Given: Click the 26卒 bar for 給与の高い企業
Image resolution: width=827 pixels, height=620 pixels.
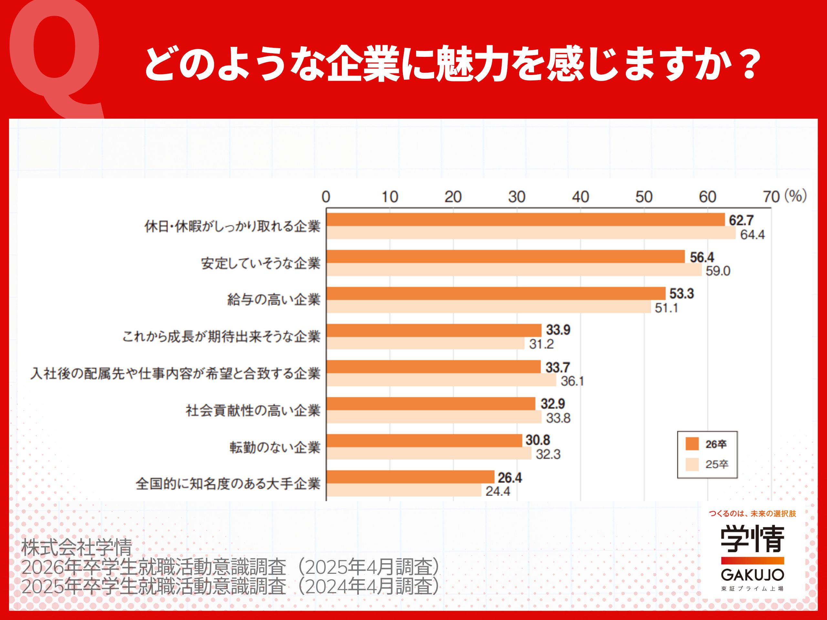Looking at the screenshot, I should click(x=496, y=293).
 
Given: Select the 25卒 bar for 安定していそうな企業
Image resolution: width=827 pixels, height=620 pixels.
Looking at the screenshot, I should click(x=514, y=270).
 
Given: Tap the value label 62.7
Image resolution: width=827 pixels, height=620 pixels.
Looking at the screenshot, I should click(x=741, y=220).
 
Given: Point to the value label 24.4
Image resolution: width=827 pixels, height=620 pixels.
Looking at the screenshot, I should click(x=497, y=491).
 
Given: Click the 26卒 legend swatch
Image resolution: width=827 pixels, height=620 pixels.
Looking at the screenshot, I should click(x=692, y=444).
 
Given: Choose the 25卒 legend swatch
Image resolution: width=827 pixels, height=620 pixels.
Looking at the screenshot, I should click(x=692, y=465).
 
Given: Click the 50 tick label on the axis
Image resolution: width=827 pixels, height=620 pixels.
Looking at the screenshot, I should click(x=644, y=197).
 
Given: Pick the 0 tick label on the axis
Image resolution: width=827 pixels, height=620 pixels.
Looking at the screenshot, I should click(x=326, y=197).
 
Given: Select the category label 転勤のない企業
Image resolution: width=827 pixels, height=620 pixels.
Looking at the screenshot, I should click(x=275, y=447).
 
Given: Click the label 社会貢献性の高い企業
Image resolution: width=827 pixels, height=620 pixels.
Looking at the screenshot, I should click(x=253, y=410).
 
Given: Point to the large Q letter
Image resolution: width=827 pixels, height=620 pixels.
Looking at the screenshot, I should click(x=56, y=56).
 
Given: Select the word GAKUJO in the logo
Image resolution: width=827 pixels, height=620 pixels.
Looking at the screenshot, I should click(x=752, y=575).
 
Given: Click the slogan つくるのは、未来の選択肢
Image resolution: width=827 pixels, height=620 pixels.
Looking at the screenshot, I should click(x=753, y=513).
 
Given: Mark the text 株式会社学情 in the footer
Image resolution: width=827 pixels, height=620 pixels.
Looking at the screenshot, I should click(x=77, y=547).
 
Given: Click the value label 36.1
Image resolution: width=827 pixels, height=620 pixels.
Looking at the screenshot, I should click(x=572, y=381).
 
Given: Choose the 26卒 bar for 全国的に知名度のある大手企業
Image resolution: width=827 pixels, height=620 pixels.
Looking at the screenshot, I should click(x=410, y=477).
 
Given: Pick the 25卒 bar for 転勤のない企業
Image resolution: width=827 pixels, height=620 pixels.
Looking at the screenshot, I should click(x=428, y=454).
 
